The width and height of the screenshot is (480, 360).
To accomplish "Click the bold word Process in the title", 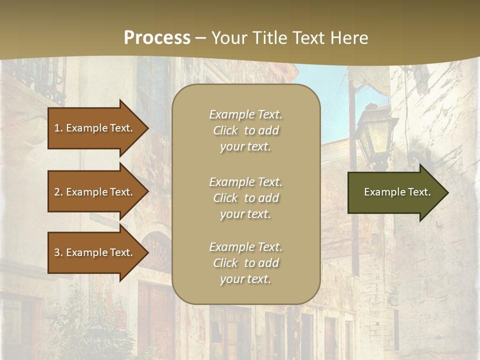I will pos(157,38).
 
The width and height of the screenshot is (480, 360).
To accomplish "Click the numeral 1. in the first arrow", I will pos(58,128).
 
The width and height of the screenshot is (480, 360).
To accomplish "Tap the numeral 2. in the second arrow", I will pos(58,192).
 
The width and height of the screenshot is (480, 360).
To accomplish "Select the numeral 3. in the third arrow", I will pos(58,252).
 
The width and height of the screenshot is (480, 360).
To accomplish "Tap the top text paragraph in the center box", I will pos(245,130).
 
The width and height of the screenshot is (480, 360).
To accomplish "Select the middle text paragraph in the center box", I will pos(245,198).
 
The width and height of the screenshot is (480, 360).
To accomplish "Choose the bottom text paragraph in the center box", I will pos(245,263).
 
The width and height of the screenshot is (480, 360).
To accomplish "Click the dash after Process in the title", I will pos(201,38).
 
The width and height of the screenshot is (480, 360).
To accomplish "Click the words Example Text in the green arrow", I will pos(397,192).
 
